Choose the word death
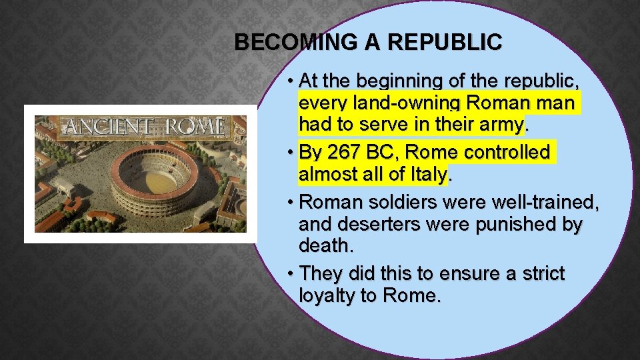click(x=325, y=247)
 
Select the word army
click(x=501, y=125)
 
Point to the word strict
click(x=537, y=274)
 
